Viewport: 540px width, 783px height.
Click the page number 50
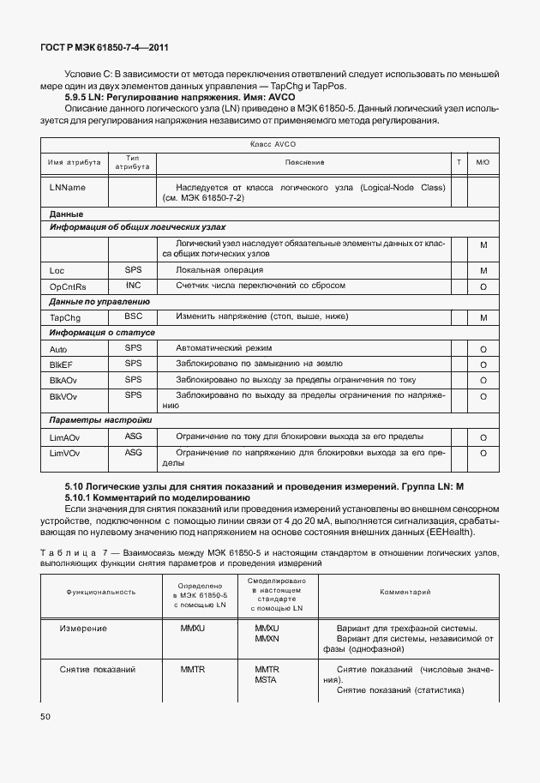point(46,714)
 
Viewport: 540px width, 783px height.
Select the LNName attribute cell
point(68,187)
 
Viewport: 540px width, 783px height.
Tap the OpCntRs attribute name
point(69,286)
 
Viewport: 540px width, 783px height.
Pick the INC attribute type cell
point(133,285)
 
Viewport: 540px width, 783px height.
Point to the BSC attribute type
point(133,317)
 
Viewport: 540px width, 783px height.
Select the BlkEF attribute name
point(63,364)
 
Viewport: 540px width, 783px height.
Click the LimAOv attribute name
point(65,437)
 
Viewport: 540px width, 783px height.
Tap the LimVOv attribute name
point(65,453)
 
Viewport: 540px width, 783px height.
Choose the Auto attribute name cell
point(58,349)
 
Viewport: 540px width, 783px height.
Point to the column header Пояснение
point(304,162)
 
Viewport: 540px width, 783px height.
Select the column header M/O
point(483,162)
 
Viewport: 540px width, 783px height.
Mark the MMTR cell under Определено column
point(193,669)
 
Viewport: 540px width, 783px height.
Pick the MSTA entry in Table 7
point(267,680)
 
